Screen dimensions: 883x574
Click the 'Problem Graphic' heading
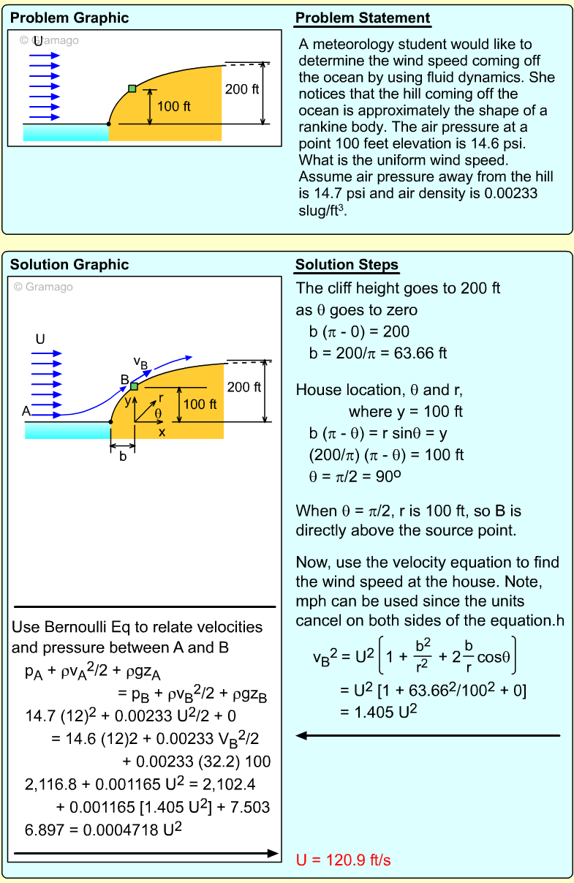pyautogui.click(x=69, y=18)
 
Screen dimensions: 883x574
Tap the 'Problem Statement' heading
pyautogui.click(x=363, y=18)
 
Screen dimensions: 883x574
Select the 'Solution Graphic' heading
pyautogui.click(x=69, y=265)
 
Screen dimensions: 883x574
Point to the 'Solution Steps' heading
pyautogui.click(x=347, y=265)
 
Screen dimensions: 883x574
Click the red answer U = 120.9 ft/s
pyautogui.click(x=344, y=860)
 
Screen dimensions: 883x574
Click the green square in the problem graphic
pyautogui.click(x=132, y=89)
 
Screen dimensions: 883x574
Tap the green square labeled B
pyautogui.click(x=135, y=386)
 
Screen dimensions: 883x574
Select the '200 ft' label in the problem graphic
pyautogui.click(x=241, y=89)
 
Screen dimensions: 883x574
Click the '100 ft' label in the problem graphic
pyautogui.click(x=174, y=107)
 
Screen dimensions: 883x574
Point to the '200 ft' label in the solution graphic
pyautogui.click(x=244, y=387)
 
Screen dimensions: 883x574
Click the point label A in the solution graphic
pyautogui.click(x=26, y=411)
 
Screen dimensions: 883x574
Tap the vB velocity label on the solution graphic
pyautogui.click(x=141, y=361)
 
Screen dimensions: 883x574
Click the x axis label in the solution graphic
pyautogui.click(x=162, y=432)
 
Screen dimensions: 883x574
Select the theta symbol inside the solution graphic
pyautogui.click(x=158, y=413)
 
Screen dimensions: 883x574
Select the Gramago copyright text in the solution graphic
pyautogui.click(x=44, y=287)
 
